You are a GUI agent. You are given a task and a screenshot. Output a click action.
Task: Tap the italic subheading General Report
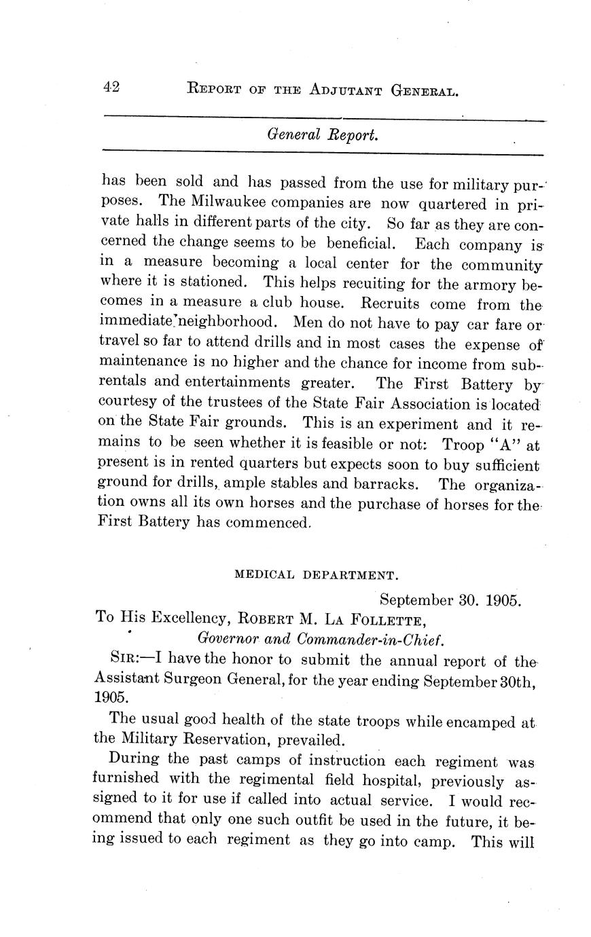(322, 134)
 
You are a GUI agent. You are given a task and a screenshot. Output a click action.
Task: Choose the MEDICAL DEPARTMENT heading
(315, 574)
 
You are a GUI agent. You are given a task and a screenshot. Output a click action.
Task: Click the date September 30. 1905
(449, 600)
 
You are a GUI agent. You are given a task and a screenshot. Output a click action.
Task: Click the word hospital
(391, 781)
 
